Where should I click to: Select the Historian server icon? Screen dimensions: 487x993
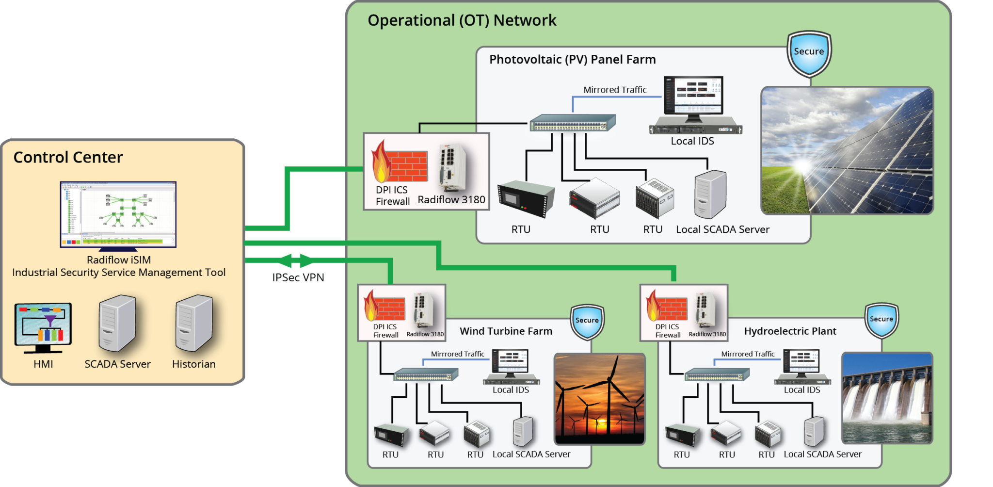(x=194, y=323)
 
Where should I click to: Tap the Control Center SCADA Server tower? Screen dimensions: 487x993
(x=117, y=323)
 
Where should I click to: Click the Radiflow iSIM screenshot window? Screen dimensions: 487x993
(x=118, y=214)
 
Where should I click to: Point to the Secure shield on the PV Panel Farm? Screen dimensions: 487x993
(x=809, y=53)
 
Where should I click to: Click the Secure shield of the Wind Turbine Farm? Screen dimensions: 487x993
(x=587, y=322)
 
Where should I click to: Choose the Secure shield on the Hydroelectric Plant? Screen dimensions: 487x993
(x=881, y=321)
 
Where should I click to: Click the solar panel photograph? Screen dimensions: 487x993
(x=847, y=150)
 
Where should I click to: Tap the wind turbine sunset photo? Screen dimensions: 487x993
(x=599, y=399)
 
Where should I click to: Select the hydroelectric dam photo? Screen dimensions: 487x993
(x=887, y=398)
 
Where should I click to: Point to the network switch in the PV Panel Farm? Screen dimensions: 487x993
(x=572, y=123)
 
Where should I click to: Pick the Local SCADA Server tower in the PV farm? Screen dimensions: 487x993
(x=710, y=194)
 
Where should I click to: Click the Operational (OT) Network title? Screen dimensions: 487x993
(x=462, y=20)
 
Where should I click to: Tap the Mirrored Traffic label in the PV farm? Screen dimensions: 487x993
(x=615, y=90)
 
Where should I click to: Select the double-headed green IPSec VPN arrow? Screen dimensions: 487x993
(x=295, y=260)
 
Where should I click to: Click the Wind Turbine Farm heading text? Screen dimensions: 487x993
(x=506, y=331)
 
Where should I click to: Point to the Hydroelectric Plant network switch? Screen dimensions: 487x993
(x=717, y=375)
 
